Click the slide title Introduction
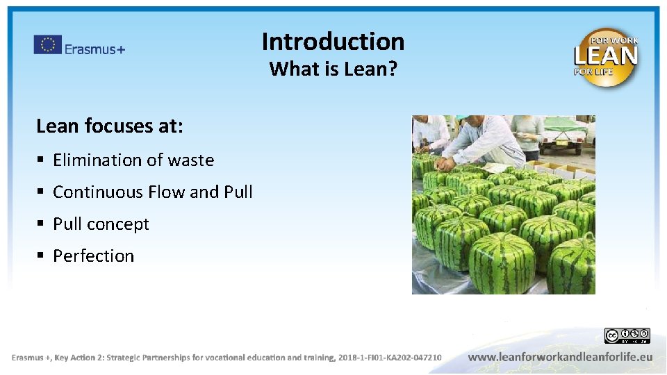333,42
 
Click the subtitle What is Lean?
333,69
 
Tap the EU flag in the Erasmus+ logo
47,45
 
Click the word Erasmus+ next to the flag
94,49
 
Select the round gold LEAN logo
606,57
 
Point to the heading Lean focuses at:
110,126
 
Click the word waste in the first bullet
191,160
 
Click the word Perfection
94,256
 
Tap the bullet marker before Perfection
41,257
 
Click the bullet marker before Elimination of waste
41,161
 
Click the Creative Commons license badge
627,336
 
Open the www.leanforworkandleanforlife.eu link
560,357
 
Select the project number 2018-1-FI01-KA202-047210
389,358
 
